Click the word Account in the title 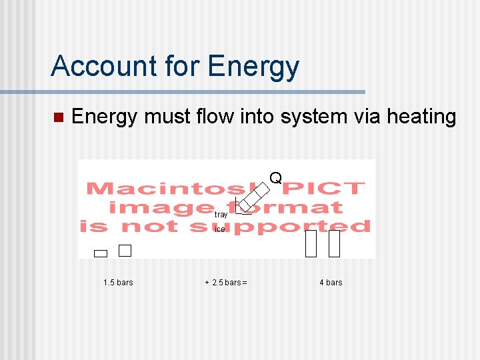[x=93, y=66]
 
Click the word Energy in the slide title [x=253, y=66]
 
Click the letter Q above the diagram [x=275, y=178]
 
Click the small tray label [x=221, y=215]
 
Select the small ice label [x=219, y=229]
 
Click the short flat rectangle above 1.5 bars [x=101, y=253]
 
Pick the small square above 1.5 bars [x=125, y=251]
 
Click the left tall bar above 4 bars [x=311, y=243]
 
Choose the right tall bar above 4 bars [x=334, y=243]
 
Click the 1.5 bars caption [x=118, y=283]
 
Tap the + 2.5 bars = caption [x=225, y=283]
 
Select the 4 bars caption [x=331, y=283]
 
